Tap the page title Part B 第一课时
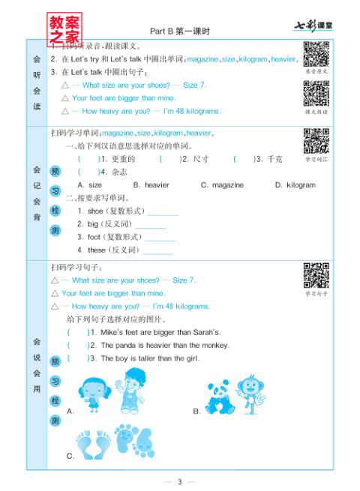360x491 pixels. point(179,31)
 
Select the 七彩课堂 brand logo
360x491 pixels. point(312,28)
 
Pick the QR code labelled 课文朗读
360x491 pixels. point(315,93)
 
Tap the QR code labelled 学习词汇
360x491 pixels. point(315,142)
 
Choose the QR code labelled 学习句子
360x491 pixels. point(315,276)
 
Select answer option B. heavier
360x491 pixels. point(151,185)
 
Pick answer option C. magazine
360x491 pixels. point(222,185)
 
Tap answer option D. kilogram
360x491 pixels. point(295,185)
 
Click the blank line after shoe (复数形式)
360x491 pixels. point(163,212)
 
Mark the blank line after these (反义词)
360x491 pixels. point(157,250)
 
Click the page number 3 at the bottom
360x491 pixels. point(179,481)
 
